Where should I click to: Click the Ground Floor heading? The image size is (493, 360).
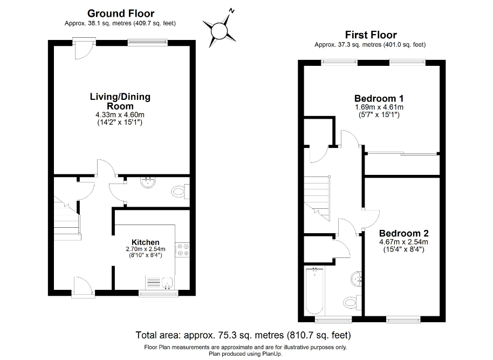click(x=120, y=13)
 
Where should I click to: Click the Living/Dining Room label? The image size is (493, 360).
click(x=120, y=101)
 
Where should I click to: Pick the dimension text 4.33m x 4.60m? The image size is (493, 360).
click(x=120, y=115)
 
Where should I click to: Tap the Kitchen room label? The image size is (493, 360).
click(x=146, y=242)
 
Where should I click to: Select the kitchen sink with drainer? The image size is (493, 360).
click(x=160, y=282)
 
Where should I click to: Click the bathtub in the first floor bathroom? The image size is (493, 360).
click(x=314, y=290)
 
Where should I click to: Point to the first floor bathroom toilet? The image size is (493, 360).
click(x=351, y=302)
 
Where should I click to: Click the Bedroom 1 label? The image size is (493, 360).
click(x=379, y=99)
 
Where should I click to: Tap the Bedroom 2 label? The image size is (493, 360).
click(x=403, y=234)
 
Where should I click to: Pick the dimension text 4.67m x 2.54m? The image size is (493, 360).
click(x=403, y=242)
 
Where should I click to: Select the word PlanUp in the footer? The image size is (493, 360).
click(x=271, y=354)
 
